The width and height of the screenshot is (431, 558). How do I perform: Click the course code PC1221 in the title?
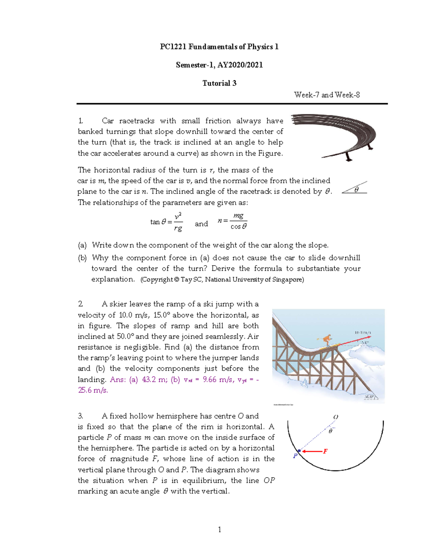173,47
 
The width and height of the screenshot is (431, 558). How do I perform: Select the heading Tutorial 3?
219,83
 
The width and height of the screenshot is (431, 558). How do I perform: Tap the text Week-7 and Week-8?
326,95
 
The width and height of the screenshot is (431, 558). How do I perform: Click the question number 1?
80,121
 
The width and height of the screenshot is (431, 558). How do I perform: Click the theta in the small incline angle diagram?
356,190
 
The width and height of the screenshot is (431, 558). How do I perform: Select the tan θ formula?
166,222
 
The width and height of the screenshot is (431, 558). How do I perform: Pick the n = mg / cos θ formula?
232,221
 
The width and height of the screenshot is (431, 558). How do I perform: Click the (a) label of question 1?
82,245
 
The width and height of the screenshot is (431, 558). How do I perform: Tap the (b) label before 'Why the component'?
82,258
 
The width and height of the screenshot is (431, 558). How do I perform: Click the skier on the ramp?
326,340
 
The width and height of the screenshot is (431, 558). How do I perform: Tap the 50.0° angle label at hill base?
369,397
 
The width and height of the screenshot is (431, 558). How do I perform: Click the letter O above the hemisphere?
335,417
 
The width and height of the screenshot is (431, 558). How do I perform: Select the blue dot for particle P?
299,451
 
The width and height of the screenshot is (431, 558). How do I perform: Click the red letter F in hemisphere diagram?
325,451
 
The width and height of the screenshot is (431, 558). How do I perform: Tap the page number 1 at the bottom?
219,529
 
